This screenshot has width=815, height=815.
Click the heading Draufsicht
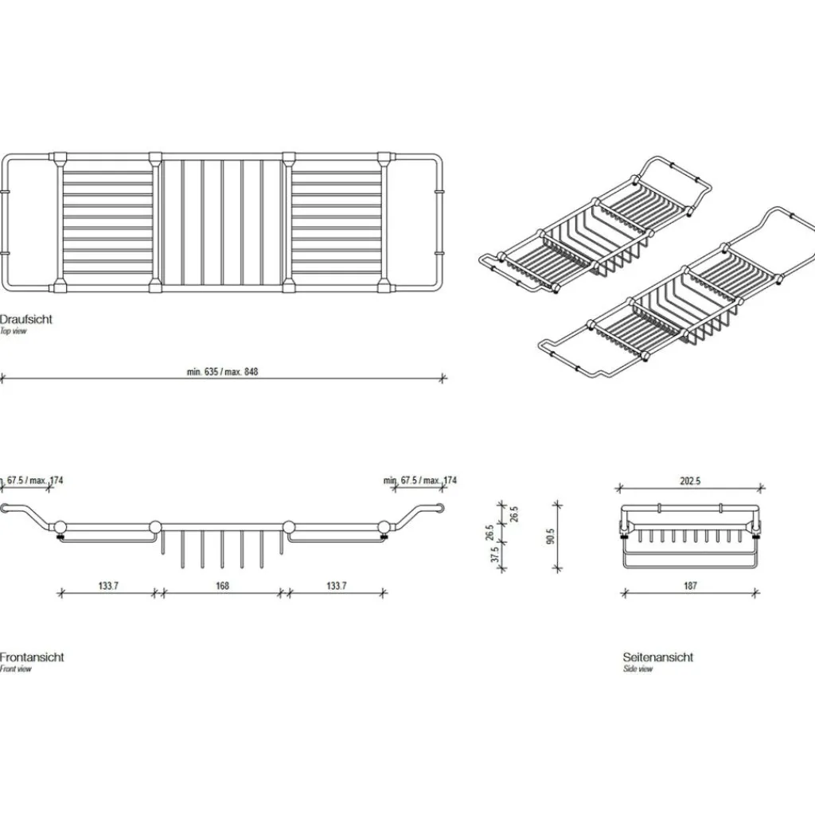[26, 319]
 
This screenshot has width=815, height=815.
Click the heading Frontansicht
[32, 657]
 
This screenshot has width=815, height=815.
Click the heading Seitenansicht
[657, 657]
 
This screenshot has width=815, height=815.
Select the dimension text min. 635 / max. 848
[222, 372]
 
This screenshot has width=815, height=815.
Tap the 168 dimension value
[222, 586]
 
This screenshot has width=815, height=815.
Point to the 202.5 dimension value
[690, 481]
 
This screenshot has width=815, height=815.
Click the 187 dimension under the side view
[690, 586]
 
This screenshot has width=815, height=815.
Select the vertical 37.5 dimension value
[495, 556]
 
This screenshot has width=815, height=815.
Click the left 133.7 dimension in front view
[109, 586]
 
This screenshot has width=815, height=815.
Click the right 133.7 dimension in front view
[336, 586]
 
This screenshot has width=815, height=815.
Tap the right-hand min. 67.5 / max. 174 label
[419, 481]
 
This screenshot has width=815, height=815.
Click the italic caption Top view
[14, 331]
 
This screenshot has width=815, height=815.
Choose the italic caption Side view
[638, 669]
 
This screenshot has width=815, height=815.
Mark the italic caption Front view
[16, 669]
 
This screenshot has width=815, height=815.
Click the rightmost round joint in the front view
[385, 526]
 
